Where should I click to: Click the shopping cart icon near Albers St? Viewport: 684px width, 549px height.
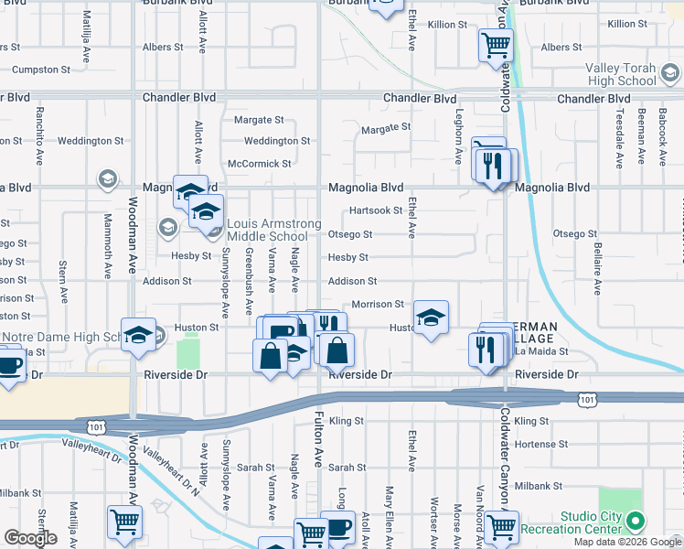coord(496,45)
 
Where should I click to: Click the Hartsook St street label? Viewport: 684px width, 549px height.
coord(376,210)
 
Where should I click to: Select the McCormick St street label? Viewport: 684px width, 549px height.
coord(259,164)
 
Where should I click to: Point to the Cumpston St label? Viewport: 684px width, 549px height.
coord(41,70)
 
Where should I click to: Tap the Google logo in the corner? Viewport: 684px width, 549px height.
coord(30,538)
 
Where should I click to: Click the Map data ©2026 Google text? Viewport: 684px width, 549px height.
coord(625,542)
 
